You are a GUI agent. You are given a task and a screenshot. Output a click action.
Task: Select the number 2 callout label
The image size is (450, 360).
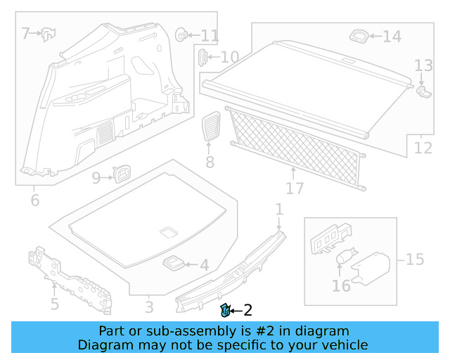click(x=247, y=310)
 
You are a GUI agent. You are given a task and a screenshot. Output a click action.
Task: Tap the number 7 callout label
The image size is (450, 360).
click(x=25, y=33)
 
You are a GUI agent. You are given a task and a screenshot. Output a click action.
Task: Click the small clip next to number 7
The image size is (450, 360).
click(x=48, y=32)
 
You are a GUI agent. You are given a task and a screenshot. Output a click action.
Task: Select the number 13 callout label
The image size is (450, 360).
click(x=423, y=66)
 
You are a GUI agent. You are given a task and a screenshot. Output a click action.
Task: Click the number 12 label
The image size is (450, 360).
click(x=423, y=148)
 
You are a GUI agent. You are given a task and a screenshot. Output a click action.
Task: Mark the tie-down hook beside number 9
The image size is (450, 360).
click(x=122, y=173)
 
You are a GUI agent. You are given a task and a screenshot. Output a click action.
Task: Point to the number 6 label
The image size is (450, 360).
click(x=34, y=201)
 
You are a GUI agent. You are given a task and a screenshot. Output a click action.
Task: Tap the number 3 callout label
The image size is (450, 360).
click(x=148, y=307)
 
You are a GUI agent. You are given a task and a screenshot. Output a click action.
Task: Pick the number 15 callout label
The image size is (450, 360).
click(x=414, y=259)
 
